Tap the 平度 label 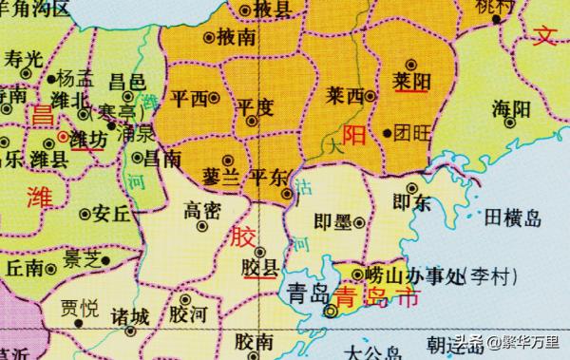click(x=255, y=105)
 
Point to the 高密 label click(x=201, y=208)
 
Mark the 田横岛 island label click(x=512, y=219)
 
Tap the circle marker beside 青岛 click(x=331, y=310)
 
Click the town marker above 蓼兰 click(x=226, y=160)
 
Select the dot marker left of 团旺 click(x=387, y=133)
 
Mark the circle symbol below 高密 click(x=201, y=228)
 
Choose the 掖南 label click(x=235, y=38)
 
